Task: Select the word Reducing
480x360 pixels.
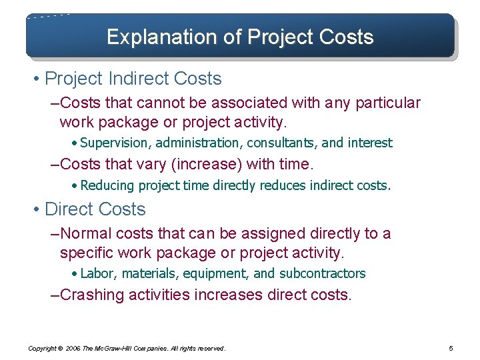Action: pyautogui.click(x=106, y=186)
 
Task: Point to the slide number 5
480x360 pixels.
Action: pyautogui.click(x=451, y=348)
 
